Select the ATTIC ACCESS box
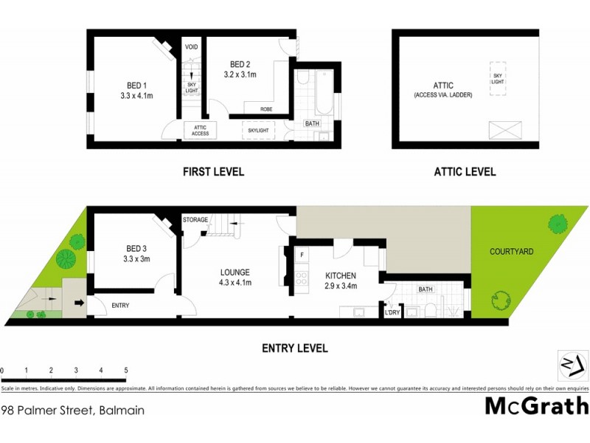(200, 130)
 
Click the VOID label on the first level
(190, 47)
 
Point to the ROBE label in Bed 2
(267, 109)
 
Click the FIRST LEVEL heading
(213, 172)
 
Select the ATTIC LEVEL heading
(465, 172)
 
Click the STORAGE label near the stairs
(195, 219)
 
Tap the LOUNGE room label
(235, 272)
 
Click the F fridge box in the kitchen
(302, 255)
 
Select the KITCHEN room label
(341, 276)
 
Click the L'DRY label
(392, 313)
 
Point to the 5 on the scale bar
(126, 370)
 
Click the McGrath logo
(536, 405)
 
